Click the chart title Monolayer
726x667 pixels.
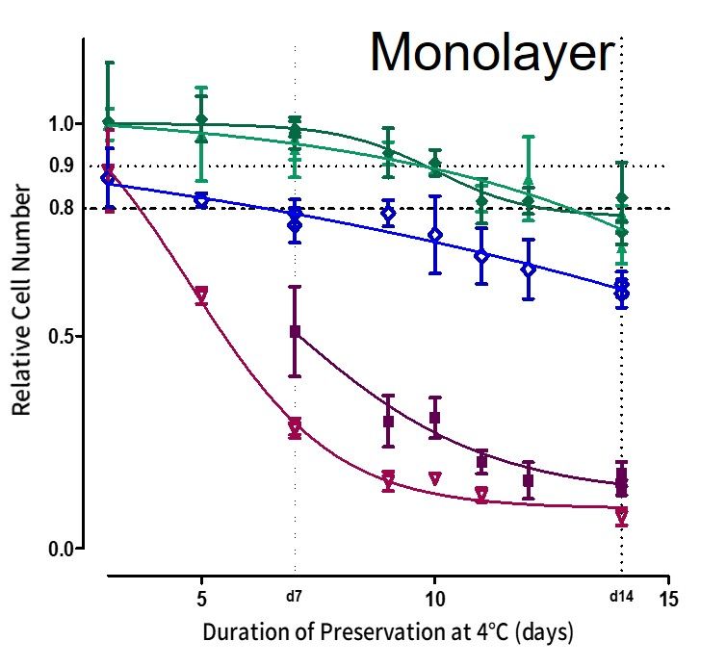(492, 53)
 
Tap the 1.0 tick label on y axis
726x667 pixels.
(61, 124)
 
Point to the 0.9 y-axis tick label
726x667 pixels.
(61, 166)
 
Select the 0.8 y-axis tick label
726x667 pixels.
(61, 208)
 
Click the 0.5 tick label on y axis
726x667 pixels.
(61, 337)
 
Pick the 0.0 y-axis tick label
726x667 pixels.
(61, 549)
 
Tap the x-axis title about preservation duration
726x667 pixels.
(388, 633)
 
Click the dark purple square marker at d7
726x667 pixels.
(295, 331)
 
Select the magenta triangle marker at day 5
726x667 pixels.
(201, 294)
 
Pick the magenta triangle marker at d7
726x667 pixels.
(295, 425)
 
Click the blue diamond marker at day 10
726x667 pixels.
(434, 234)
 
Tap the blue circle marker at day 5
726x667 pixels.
(201, 200)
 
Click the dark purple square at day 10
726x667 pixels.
(434, 418)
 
